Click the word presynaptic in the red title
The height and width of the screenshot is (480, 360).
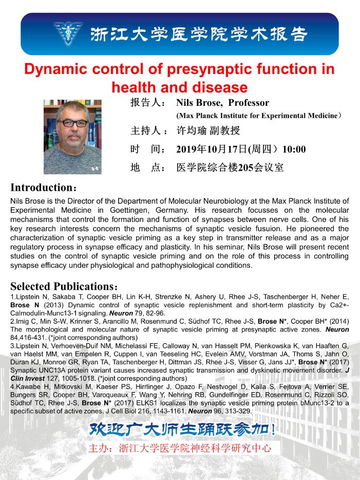click(x=202, y=69)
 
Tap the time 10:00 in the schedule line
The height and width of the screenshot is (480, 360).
click(x=294, y=150)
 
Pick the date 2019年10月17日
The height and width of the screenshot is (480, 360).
click(x=211, y=150)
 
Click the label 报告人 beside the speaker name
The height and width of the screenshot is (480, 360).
click(x=148, y=103)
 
